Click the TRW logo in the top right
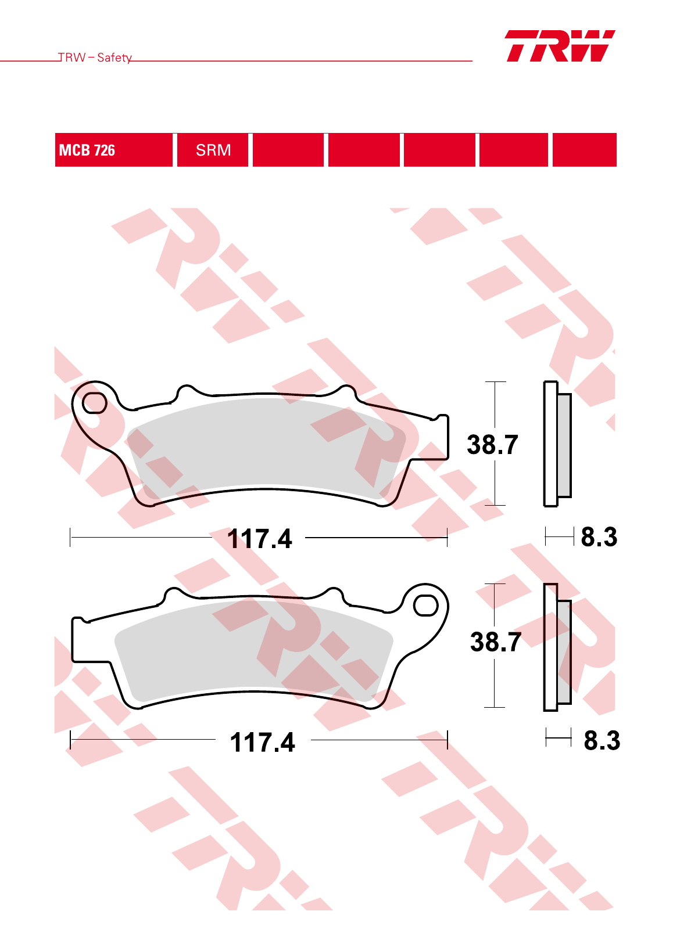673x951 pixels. pos(560,46)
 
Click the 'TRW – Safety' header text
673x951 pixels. pos(95,57)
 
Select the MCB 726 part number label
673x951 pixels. pos(87,150)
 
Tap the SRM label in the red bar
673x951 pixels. pos(213,150)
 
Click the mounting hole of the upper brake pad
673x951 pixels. pos(94,402)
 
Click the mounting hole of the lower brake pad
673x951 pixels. pos(426,606)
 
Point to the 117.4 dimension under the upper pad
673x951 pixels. pos(259,539)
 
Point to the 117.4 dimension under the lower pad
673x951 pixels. pos(262,742)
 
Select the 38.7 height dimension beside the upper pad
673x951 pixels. pos(492,445)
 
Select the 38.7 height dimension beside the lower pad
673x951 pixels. pos(495,642)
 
